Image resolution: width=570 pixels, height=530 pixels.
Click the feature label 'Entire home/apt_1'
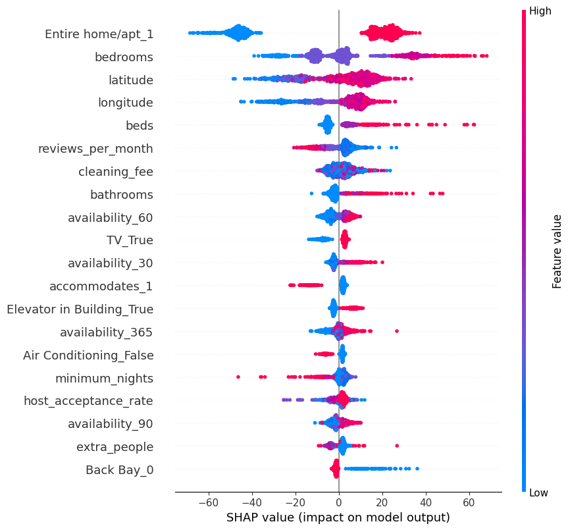99,34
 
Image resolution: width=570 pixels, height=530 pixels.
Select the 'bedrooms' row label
124,57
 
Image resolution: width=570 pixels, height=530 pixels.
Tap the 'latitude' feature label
131,80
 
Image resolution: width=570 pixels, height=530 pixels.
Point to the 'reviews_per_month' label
95,149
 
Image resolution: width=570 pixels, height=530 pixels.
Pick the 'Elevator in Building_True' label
80,309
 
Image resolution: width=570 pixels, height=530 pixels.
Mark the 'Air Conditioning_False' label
88,355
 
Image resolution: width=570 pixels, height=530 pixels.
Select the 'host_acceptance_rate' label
88,400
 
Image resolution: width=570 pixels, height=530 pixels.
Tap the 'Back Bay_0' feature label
119,469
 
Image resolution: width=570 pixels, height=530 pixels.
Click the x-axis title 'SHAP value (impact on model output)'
338,517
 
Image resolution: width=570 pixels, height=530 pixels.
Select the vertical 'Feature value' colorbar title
557,252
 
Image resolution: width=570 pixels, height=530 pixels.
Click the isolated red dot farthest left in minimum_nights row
238,377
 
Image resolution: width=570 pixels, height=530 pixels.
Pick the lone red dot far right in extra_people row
397,446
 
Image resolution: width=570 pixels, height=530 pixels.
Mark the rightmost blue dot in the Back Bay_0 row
417,469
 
